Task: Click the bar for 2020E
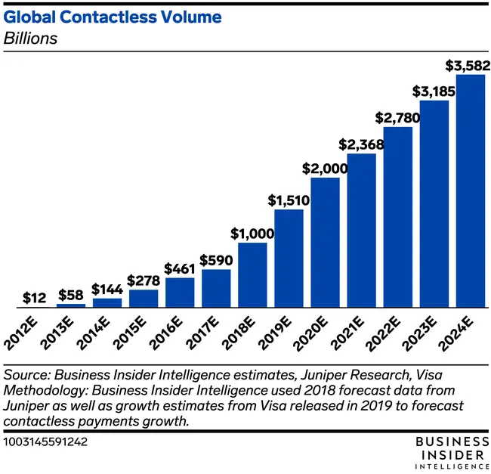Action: click(x=325, y=243)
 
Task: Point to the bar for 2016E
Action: click(x=180, y=293)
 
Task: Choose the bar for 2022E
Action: click(x=397, y=217)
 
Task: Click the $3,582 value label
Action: click(x=463, y=64)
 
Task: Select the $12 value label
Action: click(x=33, y=297)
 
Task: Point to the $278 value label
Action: click(x=143, y=280)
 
